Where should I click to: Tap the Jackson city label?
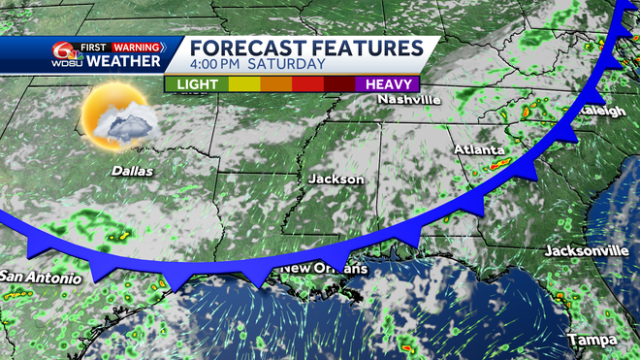point(336,180)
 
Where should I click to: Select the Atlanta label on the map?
point(480,150)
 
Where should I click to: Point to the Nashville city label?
point(410,99)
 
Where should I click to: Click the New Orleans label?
point(324,268)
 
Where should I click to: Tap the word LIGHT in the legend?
point(195,83)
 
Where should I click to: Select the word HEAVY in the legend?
point(387,83)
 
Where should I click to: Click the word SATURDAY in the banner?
point(289,65)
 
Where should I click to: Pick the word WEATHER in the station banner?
point(123,62)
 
